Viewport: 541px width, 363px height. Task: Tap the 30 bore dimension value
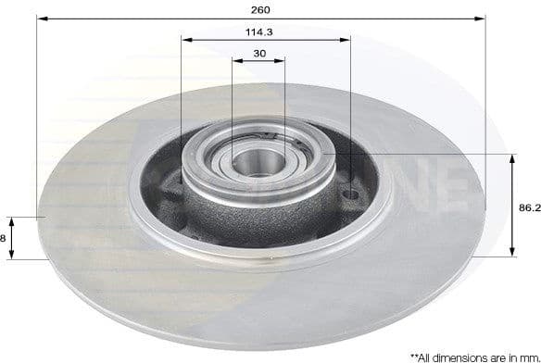(258, 54)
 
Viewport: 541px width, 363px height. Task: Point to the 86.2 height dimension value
(529, 208)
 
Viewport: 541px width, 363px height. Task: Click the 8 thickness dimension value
(4, 238)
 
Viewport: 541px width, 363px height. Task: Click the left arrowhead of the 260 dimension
(41, 18)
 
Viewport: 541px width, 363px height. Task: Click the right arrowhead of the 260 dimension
(481, 18)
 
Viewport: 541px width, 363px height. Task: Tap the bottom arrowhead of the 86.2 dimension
(512, 251)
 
